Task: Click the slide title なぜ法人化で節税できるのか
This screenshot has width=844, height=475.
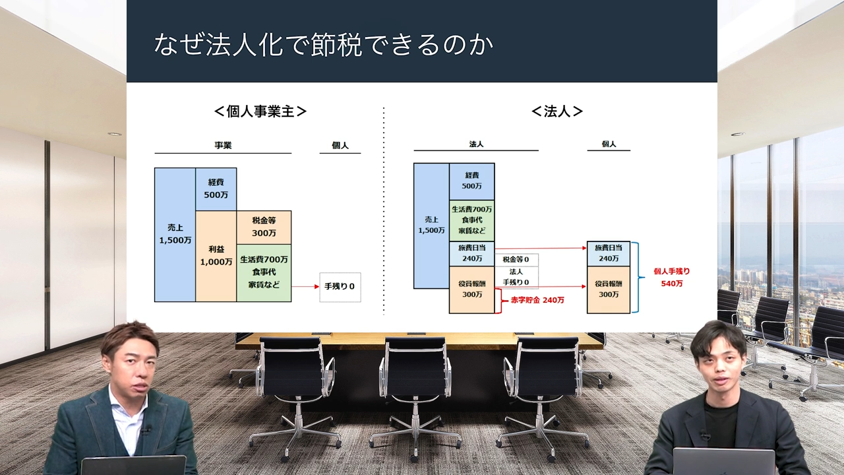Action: [x=323, y=44]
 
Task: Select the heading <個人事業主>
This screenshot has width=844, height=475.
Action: [x=260, y=111]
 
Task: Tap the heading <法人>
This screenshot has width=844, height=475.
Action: [x=557, y=111]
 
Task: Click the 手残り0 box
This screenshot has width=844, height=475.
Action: [x=340, y=287]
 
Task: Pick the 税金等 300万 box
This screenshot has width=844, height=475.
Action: [x=264, y=228]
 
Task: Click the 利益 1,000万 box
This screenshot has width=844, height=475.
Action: [x=216, y=256]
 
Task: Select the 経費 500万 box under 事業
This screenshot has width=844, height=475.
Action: [x=216, y=189]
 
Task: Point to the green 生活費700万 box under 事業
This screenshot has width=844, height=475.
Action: [x=264, y=273]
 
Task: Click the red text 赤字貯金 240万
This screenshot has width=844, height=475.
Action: [x=537, y=300]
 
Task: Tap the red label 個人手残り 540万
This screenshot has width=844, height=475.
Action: [x=671, y=277]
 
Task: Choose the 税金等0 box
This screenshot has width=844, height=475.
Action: [x=516, y=259]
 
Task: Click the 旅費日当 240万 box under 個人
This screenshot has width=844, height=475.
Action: [x=609, y=253]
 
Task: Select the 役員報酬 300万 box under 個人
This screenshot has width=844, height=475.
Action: [x=609, y=290]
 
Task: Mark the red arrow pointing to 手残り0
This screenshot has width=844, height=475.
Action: [x=305, y=286]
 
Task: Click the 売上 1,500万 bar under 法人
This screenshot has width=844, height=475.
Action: [x=431, y=226]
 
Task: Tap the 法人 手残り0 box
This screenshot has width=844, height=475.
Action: [x=516, y=277]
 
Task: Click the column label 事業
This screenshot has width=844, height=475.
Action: [x=223, y=145]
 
